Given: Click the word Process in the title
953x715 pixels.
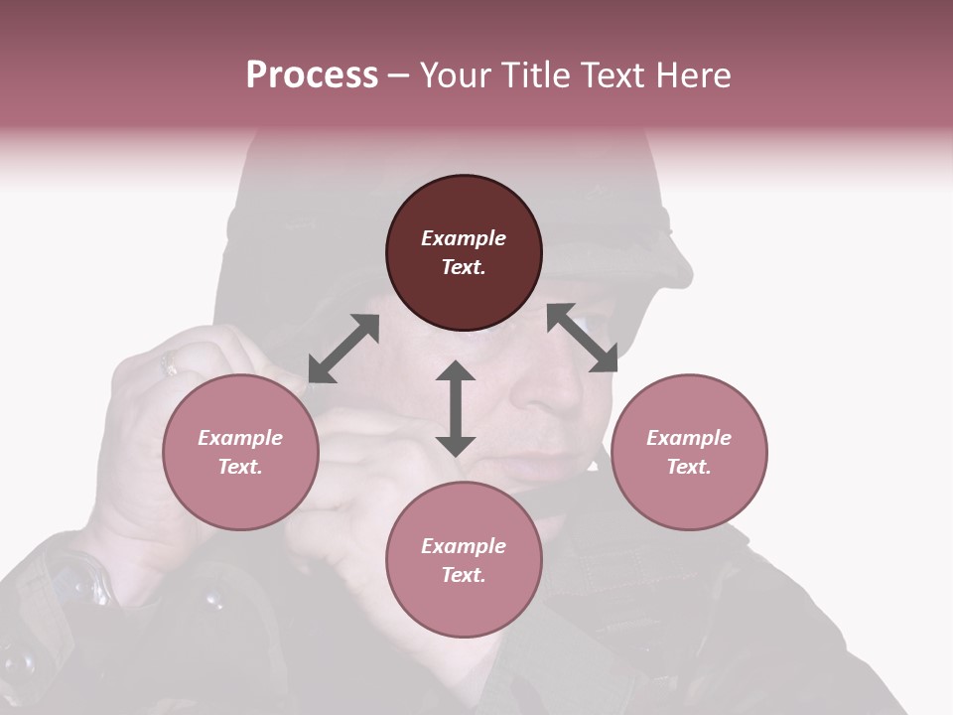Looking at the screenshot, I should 312,74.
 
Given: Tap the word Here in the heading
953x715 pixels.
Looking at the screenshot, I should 691,74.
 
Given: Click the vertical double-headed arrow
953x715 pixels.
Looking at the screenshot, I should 456,408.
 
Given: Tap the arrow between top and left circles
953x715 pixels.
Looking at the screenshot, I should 343,349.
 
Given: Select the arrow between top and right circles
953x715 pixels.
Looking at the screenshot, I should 583,338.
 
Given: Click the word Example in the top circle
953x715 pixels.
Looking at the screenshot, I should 464,238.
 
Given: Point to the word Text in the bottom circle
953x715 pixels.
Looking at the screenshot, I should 464,575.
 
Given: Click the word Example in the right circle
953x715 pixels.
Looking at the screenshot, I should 689,438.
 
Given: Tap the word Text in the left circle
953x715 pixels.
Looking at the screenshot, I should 240,467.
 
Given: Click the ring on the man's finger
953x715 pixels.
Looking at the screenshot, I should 170,364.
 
